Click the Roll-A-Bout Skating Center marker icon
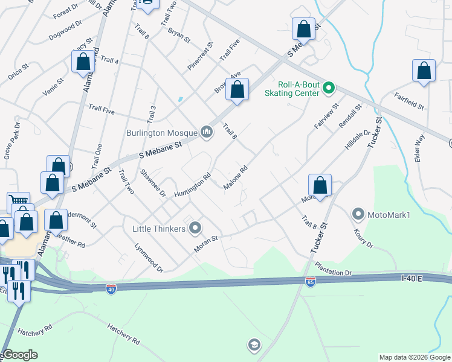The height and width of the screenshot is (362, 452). pos(329,88)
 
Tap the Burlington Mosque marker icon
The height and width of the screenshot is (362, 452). pos(207,132)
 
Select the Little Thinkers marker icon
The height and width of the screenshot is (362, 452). pos(195,228)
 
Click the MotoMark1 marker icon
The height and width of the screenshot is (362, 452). pos(358,214)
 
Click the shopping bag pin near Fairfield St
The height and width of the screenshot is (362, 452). pos(424,71)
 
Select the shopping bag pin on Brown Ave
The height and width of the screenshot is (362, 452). pos(237,89)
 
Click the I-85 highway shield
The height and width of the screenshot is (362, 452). pos(309,282)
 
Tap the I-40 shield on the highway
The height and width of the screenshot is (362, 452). pos(111,289)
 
